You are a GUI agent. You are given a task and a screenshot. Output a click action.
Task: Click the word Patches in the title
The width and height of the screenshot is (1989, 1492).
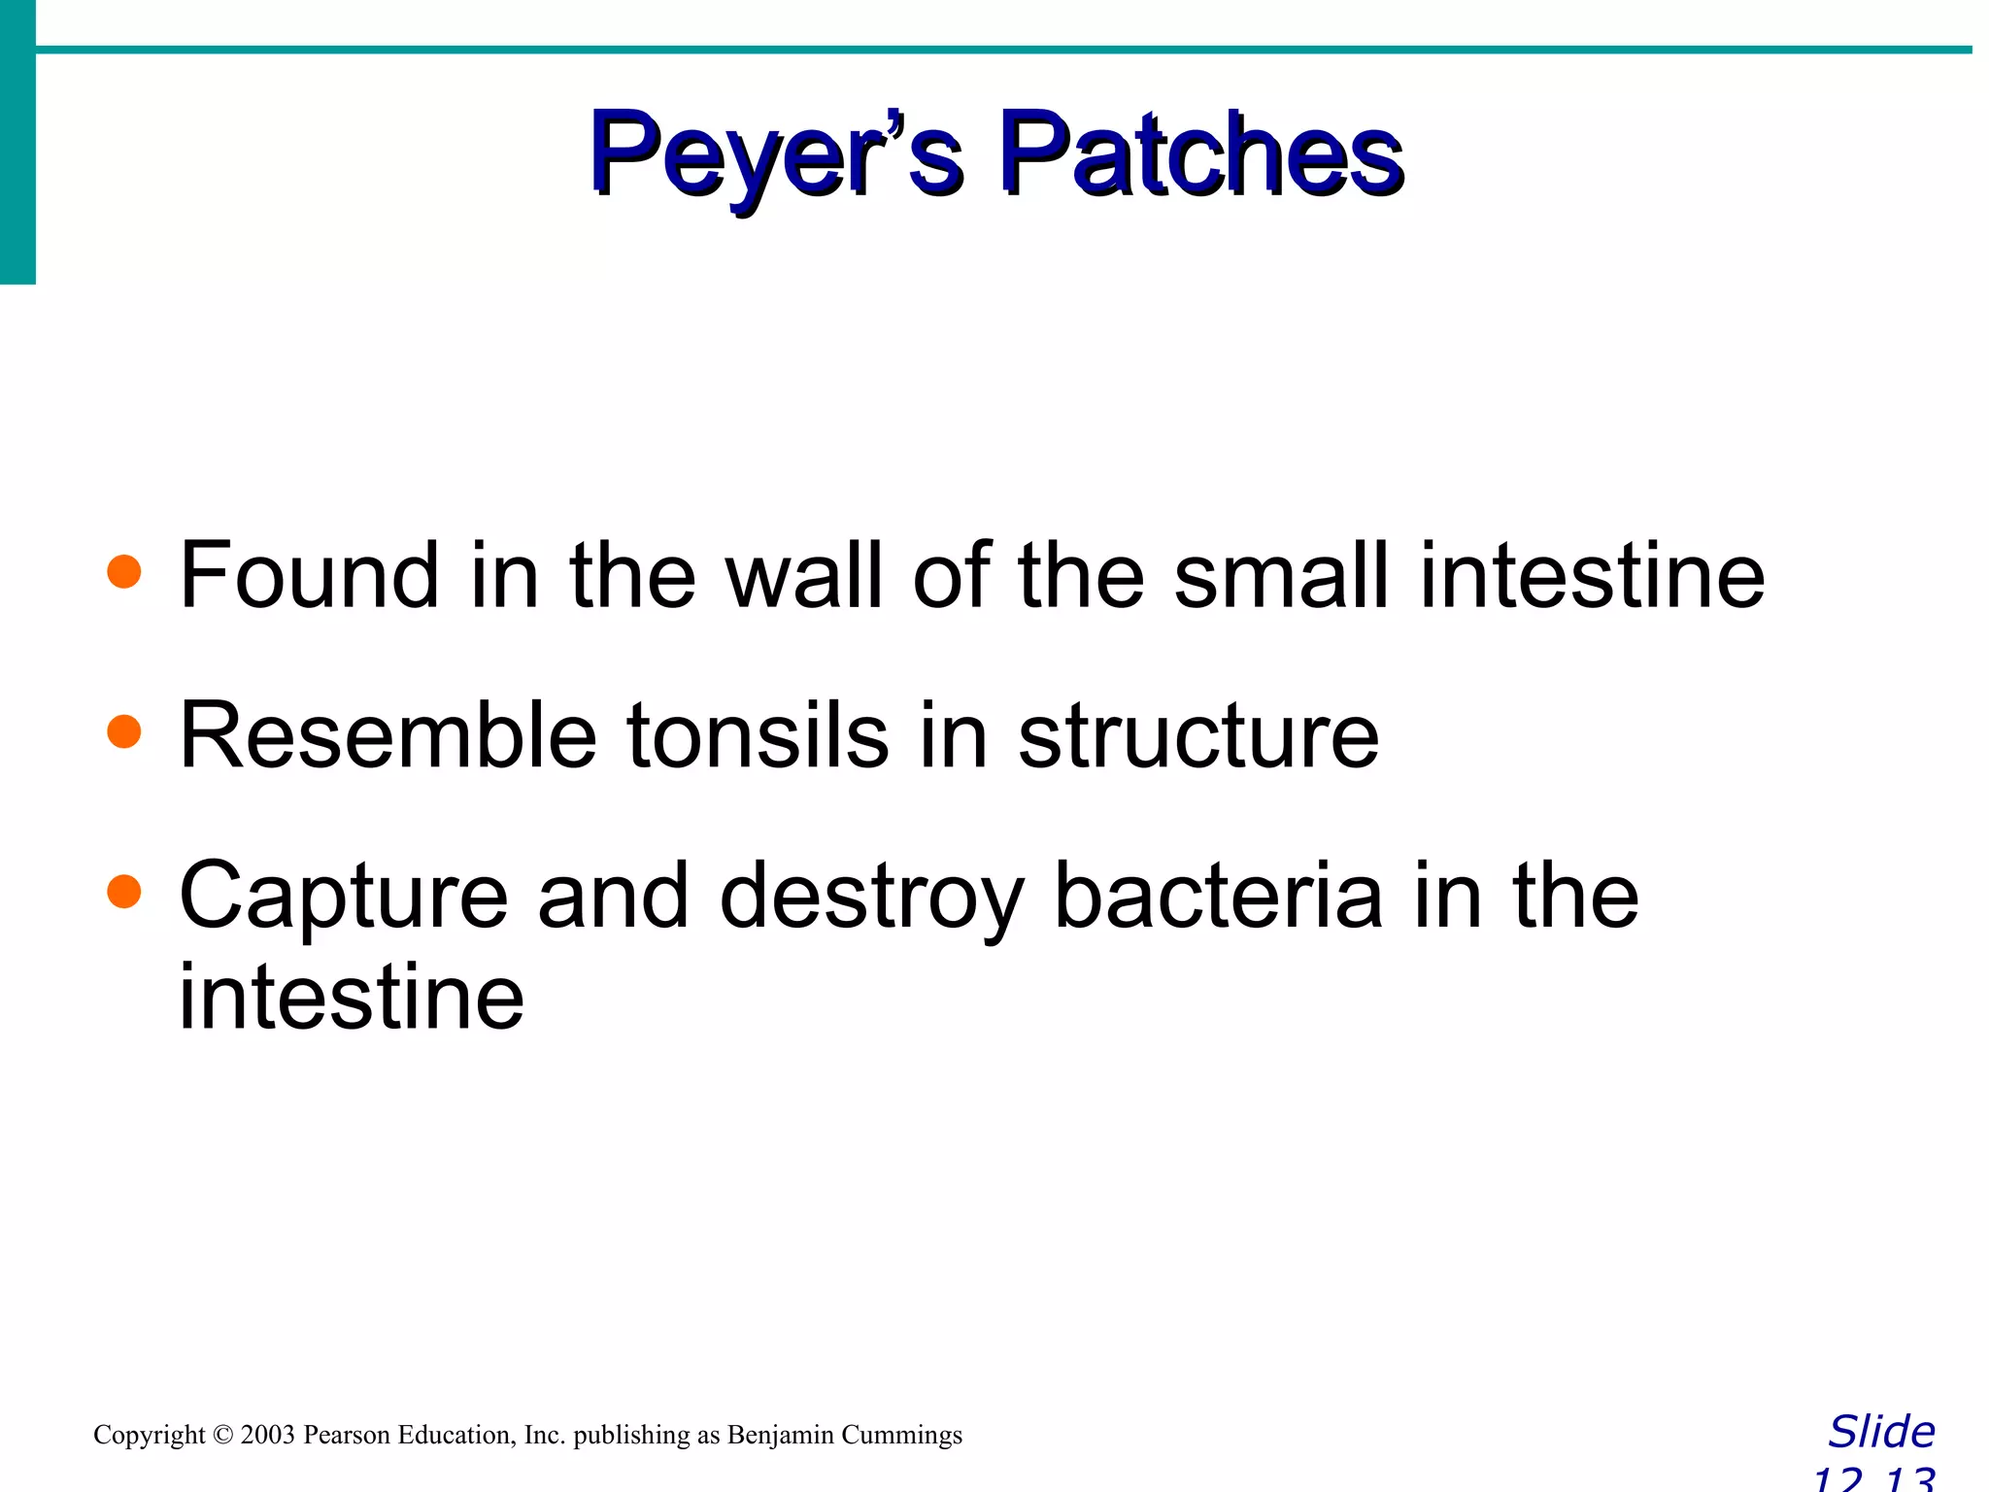pyautogui.click(x=1201, y=155)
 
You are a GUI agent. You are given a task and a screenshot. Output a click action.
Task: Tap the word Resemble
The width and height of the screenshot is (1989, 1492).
pyautogui.click(x=388, y=735)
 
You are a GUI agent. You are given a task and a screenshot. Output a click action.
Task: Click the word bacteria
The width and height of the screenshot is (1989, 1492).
pyautogui.click(x=1218, y=895)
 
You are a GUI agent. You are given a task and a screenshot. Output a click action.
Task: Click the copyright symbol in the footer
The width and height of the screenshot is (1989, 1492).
pyautogui.click(x=223, y=1435)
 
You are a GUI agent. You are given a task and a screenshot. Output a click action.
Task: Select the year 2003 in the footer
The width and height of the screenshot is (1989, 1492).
pyautogui.click(x=267, y=1435)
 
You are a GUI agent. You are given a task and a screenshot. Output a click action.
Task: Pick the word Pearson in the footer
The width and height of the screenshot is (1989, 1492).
pyautogui.click(x=347, y=1435)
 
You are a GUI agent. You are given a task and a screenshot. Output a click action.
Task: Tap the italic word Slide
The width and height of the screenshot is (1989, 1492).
pyautogui.click(x=1881, y=1432)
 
